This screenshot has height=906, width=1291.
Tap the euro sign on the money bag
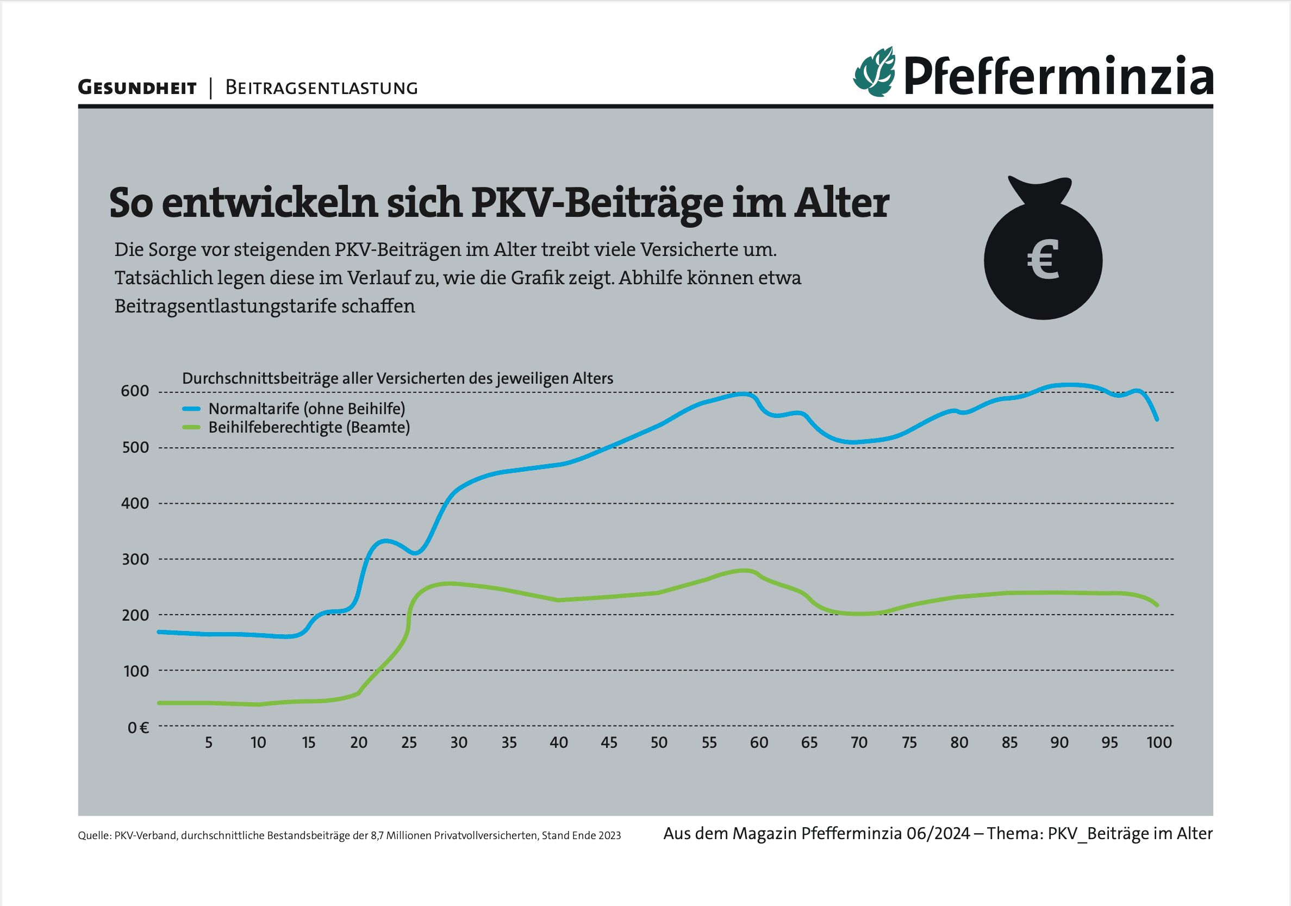[x=1043, y=260]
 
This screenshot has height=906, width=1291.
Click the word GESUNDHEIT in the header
[x=137, y=88]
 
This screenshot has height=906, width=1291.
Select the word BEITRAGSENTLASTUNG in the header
[x=321, y=88]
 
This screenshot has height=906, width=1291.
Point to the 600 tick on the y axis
[x=135, y=391]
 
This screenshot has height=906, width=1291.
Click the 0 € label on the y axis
[x=138, y=728]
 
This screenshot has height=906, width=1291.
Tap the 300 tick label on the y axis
[x=135, y=559]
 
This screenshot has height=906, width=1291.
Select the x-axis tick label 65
[x=809, y=742]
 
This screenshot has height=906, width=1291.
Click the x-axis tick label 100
[x=1159, y=742]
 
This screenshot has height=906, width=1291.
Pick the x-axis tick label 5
[x=209, y=742]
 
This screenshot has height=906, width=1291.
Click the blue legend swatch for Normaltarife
[x=191, y=409]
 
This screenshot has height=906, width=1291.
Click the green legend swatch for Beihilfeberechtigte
[x=191, y=428]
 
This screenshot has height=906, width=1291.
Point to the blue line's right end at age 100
[x=1157, y=419]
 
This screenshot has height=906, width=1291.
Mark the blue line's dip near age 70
[x=853, y=442]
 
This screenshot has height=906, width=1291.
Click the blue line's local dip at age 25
[x=415, y=554]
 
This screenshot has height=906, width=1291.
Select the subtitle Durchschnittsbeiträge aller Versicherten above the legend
[x=397, y=378]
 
